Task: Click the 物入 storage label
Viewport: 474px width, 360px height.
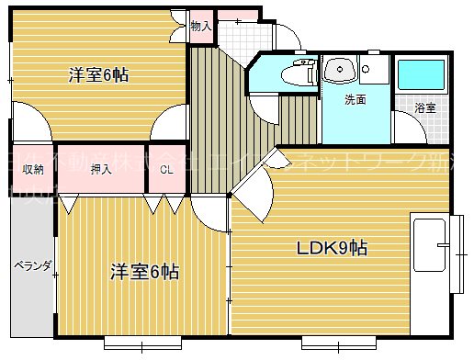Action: (200, 27)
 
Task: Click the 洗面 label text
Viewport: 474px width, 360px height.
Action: (355, 99)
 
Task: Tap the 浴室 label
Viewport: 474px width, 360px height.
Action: (424, 108)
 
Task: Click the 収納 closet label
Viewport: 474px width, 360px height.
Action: (33, 169)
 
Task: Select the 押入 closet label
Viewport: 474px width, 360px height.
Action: (101, 169)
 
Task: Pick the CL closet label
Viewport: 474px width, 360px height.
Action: (166, 169)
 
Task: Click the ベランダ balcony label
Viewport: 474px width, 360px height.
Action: (31, 267)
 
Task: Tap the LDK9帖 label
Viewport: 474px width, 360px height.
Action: (332, 248)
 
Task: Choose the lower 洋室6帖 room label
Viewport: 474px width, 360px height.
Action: (144, 272)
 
